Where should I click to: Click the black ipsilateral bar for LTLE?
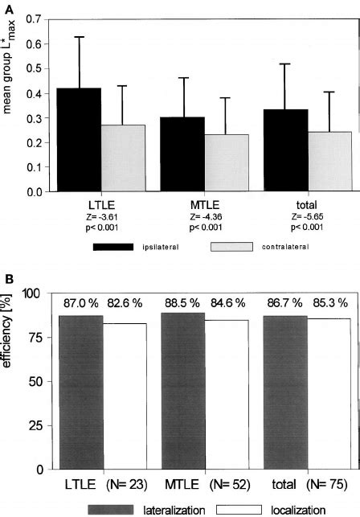click(79, 140)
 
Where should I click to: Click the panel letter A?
click(7, 6)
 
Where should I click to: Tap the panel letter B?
click(7, 280)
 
